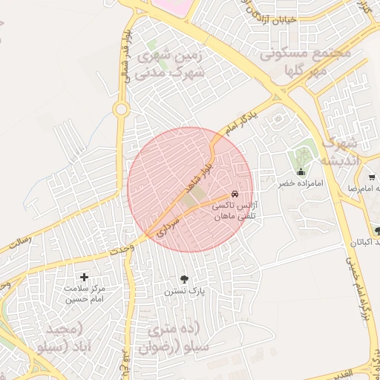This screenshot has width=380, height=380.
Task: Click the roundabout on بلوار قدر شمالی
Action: click(x=120, y=109)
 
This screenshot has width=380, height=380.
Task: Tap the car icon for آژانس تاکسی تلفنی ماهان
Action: click(x=236, y=194)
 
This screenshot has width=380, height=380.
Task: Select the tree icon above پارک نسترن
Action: click(x=184, y=279)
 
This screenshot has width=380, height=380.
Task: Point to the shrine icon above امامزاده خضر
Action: click(x=300, y=171)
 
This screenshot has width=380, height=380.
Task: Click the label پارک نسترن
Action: click(x=184, y=292)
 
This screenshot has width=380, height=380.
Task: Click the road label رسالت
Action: click(x=22, y=242)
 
